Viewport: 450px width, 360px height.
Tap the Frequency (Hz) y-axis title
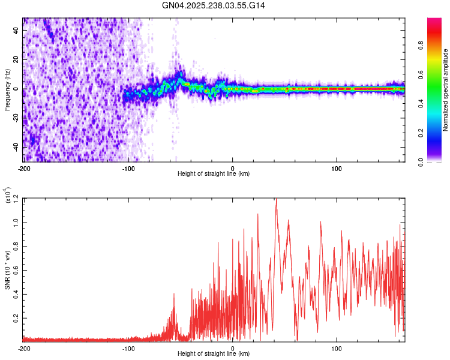click(7, 89)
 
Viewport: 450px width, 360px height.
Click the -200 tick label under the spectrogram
click(24, 167)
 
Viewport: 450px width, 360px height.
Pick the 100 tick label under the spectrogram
click(337, 167)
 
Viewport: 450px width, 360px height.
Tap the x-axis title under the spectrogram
click(214, 174)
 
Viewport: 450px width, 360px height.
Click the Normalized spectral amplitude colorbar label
click(445, 90)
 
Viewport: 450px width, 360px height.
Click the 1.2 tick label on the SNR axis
click(16, 198)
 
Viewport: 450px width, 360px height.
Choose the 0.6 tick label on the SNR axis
click(16, 270)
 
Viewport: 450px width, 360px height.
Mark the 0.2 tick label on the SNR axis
click(16, 318)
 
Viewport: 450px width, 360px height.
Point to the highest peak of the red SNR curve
click(276, 199)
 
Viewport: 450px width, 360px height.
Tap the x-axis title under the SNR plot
click(214, 354)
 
